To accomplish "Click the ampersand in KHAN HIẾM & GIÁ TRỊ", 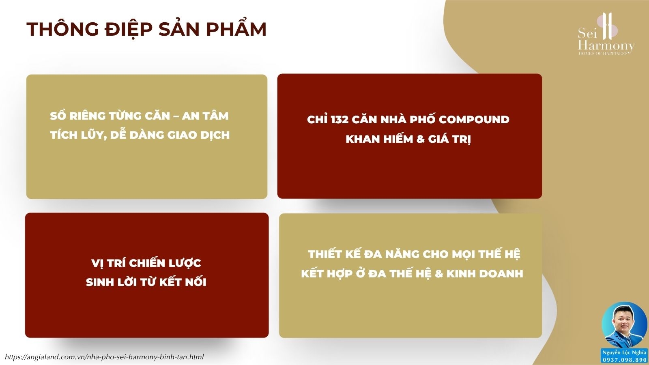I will [x=420, y=139].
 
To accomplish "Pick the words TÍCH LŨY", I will [x=78, y=135].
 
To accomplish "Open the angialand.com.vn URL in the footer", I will [x=104, y=357].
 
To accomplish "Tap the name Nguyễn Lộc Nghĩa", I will [x=624, y=352].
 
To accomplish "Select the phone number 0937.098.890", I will [x=624, y=360].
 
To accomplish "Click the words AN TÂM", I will [x=205, y=116].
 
